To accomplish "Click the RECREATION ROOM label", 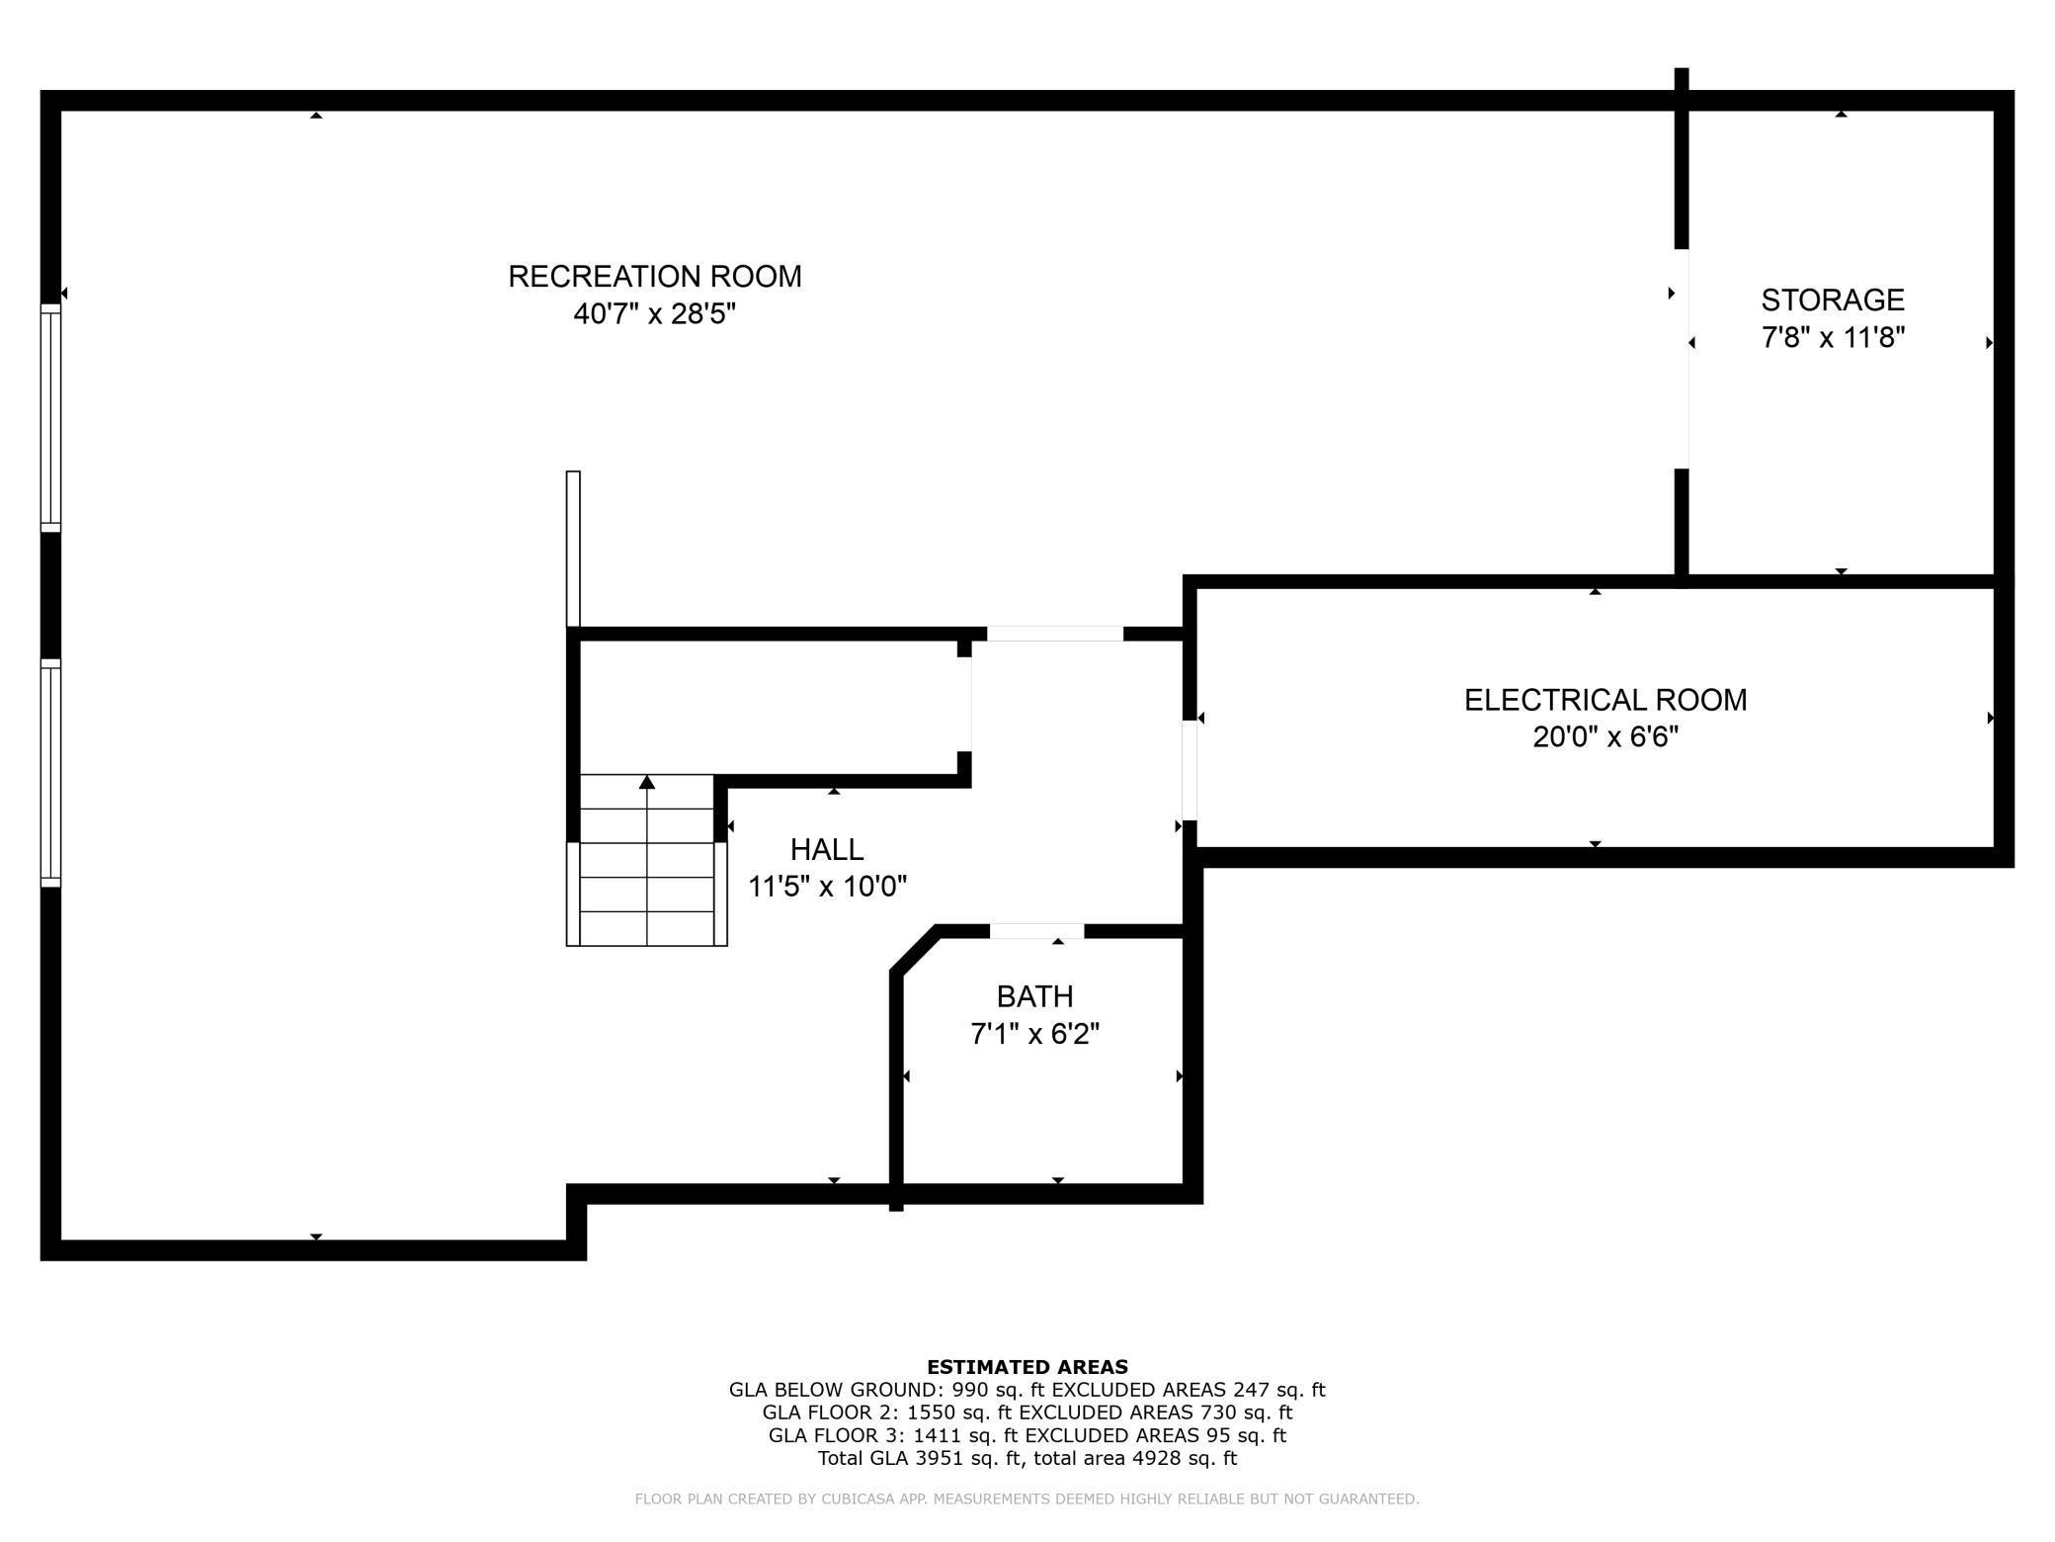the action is (654, 277).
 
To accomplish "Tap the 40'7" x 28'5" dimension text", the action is (654, 314).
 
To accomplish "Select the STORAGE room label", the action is (1833, 300).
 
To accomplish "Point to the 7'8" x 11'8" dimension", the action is (1833, 338).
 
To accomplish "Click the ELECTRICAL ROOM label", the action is (1605, 700).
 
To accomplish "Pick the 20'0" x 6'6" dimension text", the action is (1605, 737).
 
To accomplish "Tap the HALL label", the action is (827, 849).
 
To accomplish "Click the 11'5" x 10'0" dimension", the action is (827, 887).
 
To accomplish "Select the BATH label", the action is (1034, 996).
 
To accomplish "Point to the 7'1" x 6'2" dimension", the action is (1034, 1034).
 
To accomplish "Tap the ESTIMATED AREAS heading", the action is (1027, 1367).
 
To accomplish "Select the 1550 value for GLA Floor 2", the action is (930, 1413).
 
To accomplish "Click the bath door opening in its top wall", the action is (1036, 931).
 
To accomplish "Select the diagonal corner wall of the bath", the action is (914, 951).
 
